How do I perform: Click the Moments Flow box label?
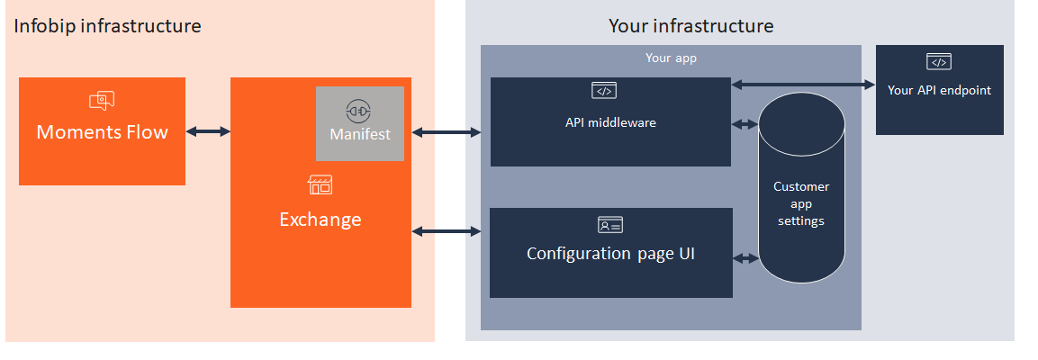102,132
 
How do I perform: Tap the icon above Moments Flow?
102,101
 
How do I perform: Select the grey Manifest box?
360,124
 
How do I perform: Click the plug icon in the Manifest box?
359,111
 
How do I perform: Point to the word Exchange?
320,219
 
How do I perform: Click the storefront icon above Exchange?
320,185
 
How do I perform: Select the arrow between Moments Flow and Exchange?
208,131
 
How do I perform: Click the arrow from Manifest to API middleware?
447,133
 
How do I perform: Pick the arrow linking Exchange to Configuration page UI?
447,231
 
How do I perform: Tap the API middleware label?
610,122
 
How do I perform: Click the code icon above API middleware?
603,90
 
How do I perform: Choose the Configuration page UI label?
610,254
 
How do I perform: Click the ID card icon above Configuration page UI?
609,224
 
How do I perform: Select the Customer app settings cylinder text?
800,203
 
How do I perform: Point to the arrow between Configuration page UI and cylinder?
745,258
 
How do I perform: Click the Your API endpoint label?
939,90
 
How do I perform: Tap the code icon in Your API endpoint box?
938,62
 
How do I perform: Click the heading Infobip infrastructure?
107,26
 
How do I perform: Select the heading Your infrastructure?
690,26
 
